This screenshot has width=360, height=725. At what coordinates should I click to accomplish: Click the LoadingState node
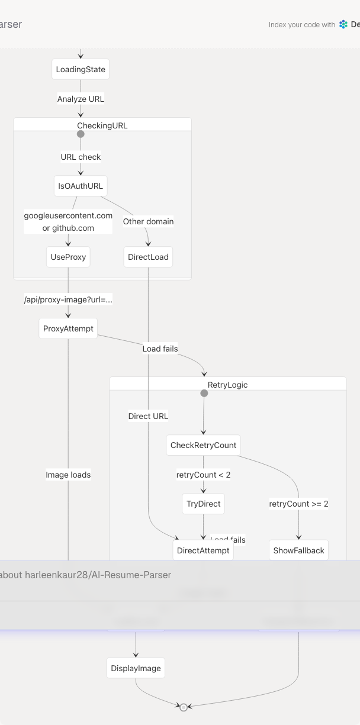pyautogui.click(x=81, y=69)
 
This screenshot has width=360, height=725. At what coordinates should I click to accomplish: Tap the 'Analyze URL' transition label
pyautogui.click(x=81, y=99)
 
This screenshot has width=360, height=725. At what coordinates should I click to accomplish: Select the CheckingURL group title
pyautogui.click(x=102, y=125)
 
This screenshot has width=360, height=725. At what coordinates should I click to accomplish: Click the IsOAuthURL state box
pyautogui.click(x=81, y=186)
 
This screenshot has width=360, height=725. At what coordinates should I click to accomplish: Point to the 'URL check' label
pyautogui.click(x=81, y=157)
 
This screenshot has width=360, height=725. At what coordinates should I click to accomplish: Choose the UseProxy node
pyautogui.click(x=68, y=257)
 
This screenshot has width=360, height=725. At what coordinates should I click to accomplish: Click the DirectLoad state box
pyautogui.click(x=148, y=257)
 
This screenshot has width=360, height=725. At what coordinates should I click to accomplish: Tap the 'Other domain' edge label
pyautogui.click(x=148, y=221)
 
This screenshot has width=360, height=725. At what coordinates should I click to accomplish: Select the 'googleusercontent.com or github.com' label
pyautogui.click(x=68, y=222)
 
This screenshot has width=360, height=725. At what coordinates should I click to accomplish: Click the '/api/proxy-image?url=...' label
pyautogui.click(x=68, y=299)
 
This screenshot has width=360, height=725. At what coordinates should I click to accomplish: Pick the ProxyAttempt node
pyautogui.click(x=68, y=328)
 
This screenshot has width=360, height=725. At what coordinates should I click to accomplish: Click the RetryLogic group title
pyautogui.click(x=227, y=385)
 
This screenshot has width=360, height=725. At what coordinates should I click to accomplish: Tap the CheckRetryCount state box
pyautogui.click(x=203, y=445)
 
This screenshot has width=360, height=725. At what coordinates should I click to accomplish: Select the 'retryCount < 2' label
pyautogui.click(x=203, y=475)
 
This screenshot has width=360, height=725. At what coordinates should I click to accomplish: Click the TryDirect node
pyautogui.click(x=203, y=504)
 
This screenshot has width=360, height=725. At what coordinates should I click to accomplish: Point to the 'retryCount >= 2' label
pyautogui.click(x=298, y=504)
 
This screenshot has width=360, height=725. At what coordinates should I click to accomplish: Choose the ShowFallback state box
pyautogui.click(x=298, y=550)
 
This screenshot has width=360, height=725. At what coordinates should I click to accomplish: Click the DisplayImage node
pyautogui.click(x=136, y=668)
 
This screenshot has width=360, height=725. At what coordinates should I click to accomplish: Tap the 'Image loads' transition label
pyautogui.click(x=68, y=475)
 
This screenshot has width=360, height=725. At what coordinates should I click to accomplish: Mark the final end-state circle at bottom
pyautogui.click(x=184, y=707)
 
